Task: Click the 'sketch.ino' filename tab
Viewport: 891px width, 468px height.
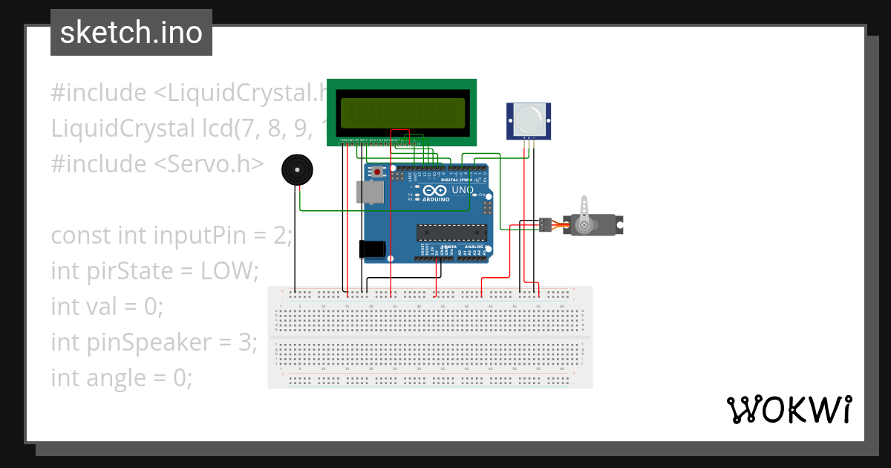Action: (x=131, y=33)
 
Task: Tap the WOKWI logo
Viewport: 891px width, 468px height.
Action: (x=788, y=409)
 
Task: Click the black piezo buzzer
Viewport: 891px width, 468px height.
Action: (x=297, y=171)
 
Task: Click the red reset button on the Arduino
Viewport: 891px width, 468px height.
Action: (x=378, y=172)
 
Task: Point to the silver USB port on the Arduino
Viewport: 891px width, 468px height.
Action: (x=369, y=192)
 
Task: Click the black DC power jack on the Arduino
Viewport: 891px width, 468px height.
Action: (x=373, y=249)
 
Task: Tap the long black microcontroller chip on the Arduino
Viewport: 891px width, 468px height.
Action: (x=451, y=233)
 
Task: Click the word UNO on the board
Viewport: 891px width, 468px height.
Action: (x=463, y=190)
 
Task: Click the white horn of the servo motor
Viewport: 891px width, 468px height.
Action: (x=584, y=211)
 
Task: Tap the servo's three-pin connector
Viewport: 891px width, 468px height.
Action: (x=546, y=224)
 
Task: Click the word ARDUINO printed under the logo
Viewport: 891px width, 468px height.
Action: (x=437, y=200)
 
